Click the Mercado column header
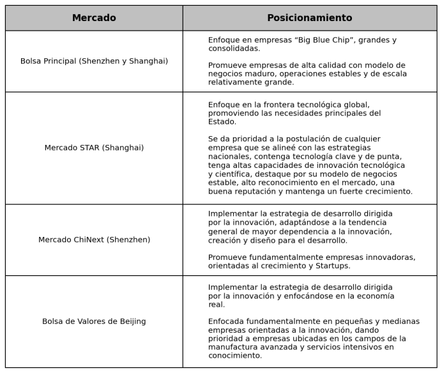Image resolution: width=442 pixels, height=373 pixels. (94, 18)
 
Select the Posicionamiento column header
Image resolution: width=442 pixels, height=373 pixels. (310, 18)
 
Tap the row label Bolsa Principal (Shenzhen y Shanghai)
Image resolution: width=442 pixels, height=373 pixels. (94, 61)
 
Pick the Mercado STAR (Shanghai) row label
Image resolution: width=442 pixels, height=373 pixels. (94, 148)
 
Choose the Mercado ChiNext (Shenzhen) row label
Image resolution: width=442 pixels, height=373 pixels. (94, 240)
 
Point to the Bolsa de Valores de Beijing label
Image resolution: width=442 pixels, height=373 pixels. (94, 322)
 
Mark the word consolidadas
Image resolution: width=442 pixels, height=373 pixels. (234, 49)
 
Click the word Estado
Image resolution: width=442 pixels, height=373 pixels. (222, 122)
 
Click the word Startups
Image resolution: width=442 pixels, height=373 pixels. (333, 266)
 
